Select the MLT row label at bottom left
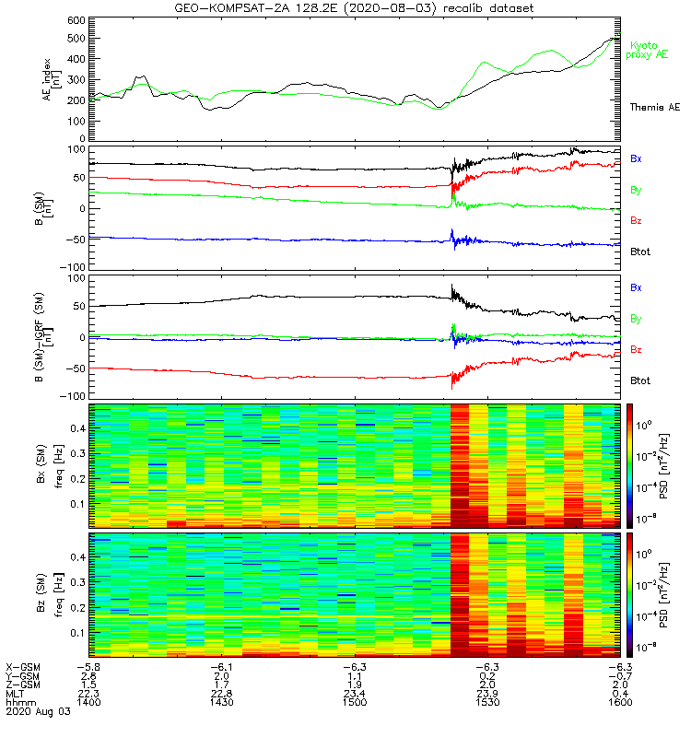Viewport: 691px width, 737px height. [16, 694]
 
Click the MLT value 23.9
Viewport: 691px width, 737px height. [486, 694]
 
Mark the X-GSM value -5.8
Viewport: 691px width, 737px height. [88, 666]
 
